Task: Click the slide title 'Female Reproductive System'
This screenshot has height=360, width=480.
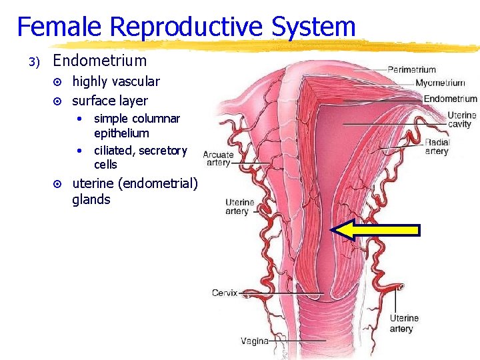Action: [186, 27]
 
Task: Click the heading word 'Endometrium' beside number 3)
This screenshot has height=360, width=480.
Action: [99, 61]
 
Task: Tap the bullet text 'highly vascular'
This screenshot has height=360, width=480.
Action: [115, 81]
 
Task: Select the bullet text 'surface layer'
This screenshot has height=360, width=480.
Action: [109, 101]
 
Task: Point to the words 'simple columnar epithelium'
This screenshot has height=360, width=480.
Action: [136, 125]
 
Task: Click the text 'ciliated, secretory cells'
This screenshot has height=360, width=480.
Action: [140, 157]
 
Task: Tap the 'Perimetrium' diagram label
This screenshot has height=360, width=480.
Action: [411, 69]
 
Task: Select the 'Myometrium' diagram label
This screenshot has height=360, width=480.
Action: [440, 83]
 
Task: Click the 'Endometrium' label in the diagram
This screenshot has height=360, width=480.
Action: [450, 99]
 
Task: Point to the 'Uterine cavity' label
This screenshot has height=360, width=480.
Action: [461, 119]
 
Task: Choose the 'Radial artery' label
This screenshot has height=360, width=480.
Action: [437, 147]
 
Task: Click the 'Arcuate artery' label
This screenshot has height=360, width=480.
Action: [218, 159]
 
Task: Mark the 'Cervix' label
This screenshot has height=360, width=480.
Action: [225, 293]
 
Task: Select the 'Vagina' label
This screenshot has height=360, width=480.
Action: [254, 341]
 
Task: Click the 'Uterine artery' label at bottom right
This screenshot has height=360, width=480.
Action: [404, 323]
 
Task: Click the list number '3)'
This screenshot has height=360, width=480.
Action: [35, 62]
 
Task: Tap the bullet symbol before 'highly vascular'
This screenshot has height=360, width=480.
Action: [57, 82]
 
